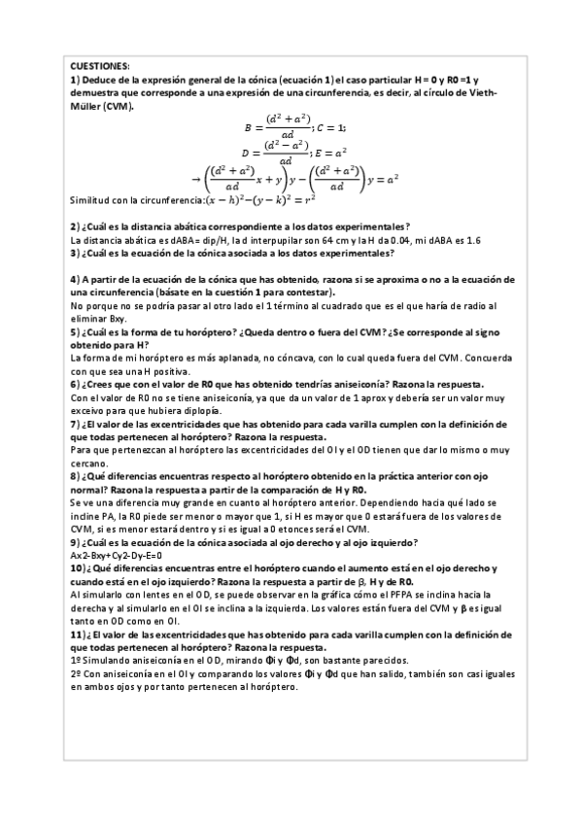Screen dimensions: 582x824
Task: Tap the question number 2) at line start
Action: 77,225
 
